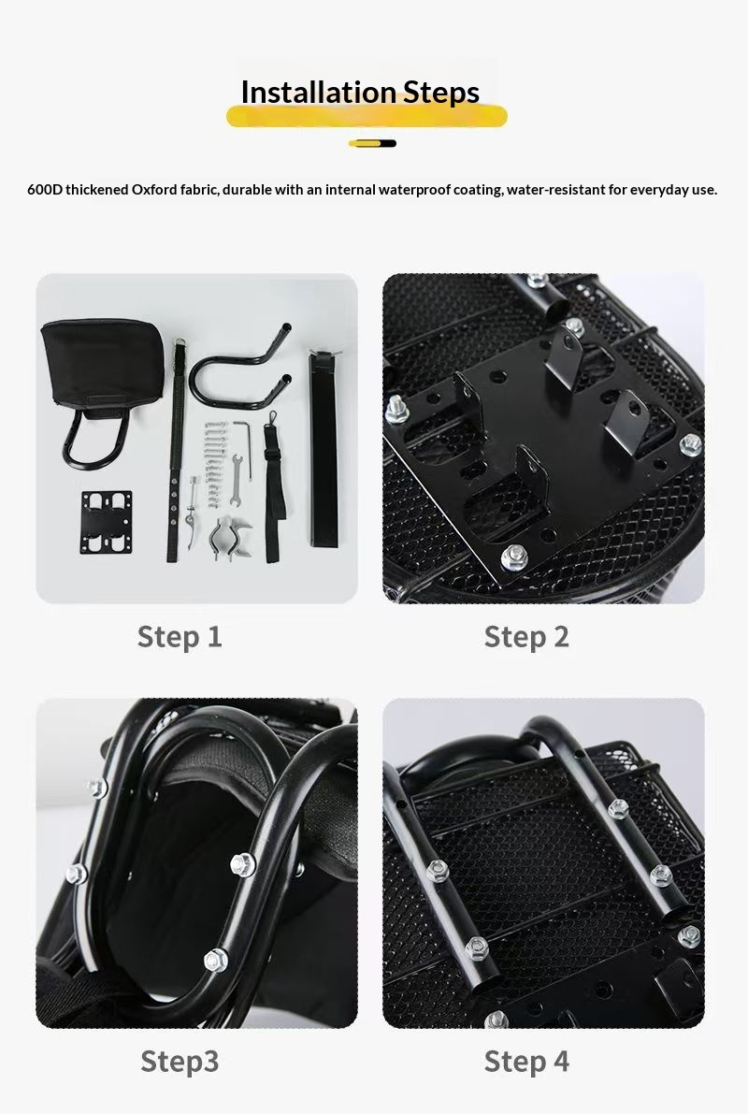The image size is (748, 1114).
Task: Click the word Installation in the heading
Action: tap(319, 93)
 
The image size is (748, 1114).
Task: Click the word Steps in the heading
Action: tap(441, 94)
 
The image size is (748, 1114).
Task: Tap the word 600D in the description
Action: tap(45, 190)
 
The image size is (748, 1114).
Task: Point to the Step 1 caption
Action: tap(180, 637)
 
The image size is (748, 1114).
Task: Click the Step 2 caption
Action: tap(526, 637)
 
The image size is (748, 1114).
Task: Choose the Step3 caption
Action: tap(180, 1062)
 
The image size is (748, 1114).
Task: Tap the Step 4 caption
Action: tap(526, 1062)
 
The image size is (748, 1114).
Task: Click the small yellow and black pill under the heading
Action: tap(372, 143)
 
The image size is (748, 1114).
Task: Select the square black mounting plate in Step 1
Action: tap(107, 522)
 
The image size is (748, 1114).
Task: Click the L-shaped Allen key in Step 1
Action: tap(246, 436)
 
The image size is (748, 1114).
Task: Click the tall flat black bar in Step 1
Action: tap(323, 449)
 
